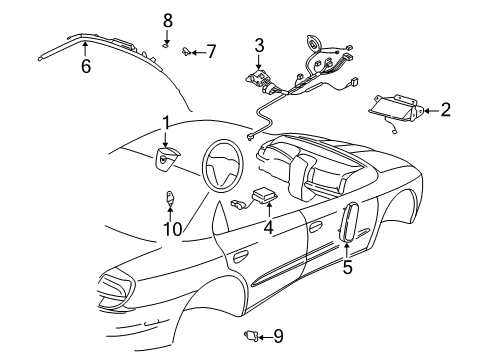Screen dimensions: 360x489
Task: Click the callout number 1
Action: (166, 123)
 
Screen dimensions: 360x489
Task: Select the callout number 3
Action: (259, 45)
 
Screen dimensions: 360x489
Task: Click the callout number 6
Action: (85, 66)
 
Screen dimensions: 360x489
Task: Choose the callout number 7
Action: (210, 50)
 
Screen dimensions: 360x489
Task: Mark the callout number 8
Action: (168, 20)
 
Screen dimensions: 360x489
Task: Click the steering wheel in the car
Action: (225, 165)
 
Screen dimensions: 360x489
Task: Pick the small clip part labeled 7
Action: (188, 50)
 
